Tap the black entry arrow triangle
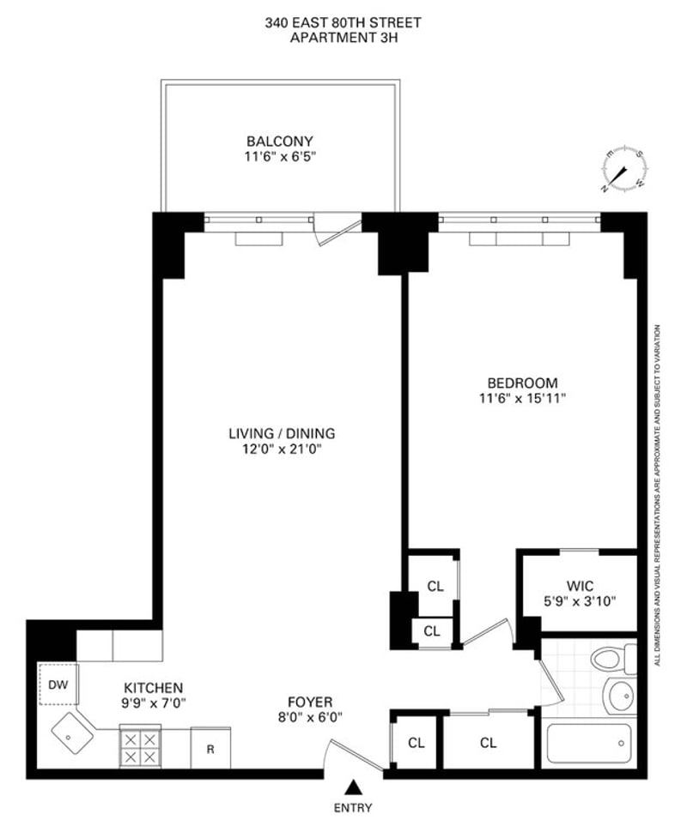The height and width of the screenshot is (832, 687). (351, 787)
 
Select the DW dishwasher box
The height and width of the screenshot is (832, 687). (58, 684)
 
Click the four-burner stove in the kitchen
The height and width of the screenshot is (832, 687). (141, 748)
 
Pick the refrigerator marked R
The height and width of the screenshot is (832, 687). (210, 748)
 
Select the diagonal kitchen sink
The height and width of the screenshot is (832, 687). (72, 733)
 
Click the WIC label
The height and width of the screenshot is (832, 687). (581, 587)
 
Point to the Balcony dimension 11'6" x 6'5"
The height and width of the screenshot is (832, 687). (280, 157)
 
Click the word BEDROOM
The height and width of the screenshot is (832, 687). (523, 383)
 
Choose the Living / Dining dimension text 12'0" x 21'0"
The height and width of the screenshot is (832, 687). (283, 449)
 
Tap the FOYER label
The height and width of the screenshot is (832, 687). (310, 702)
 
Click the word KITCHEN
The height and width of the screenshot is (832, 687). (154, 688)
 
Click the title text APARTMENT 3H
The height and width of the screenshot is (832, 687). (343, 38)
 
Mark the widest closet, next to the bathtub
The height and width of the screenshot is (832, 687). (489, 742)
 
